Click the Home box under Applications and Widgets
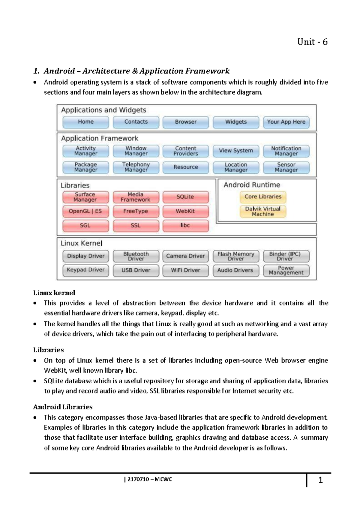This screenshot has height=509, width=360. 86,122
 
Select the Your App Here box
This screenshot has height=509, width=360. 286,122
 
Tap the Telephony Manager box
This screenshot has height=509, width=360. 136,167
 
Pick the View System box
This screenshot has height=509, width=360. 236,151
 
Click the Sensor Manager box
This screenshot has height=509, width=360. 286,167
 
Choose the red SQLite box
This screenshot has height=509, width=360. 185,197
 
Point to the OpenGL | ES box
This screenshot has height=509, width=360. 85,211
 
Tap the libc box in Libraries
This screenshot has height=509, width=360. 185,225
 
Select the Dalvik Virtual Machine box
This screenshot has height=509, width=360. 263,211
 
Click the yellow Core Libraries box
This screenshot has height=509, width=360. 263,197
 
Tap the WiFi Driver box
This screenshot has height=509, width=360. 185,270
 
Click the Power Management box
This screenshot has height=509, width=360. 286,270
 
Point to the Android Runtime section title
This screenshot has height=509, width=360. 252,185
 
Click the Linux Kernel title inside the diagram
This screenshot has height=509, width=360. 82,243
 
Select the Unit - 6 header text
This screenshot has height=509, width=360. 312,42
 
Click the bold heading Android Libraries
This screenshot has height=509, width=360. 63,407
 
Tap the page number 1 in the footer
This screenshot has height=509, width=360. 320,480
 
